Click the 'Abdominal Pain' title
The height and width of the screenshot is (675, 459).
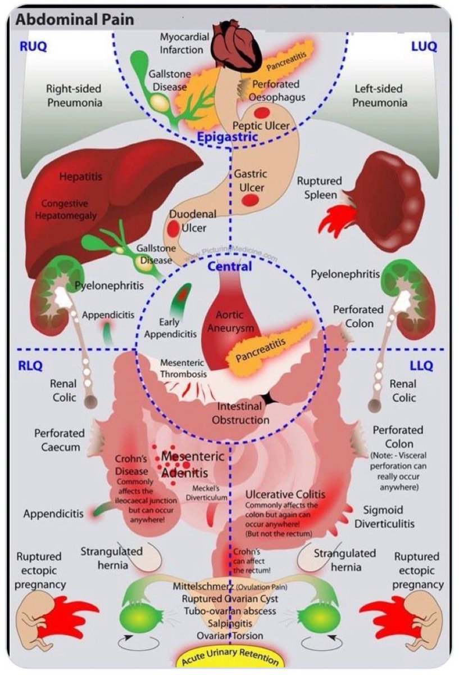75,20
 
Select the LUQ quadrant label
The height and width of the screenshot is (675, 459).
424,47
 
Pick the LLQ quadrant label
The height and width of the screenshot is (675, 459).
421,366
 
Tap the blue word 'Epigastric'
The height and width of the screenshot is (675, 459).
228,137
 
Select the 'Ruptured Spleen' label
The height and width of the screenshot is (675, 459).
319,188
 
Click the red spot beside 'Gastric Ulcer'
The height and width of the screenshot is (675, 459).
251,200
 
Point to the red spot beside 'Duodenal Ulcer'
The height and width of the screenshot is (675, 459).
172,228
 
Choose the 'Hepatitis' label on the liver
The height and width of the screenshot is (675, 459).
81,177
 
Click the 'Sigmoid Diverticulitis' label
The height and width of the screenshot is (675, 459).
384,517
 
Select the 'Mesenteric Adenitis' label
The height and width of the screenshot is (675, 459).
193,464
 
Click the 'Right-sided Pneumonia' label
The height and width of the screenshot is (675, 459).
74,96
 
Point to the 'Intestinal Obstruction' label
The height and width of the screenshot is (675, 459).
240,413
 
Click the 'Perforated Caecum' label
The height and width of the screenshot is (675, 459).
60,440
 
